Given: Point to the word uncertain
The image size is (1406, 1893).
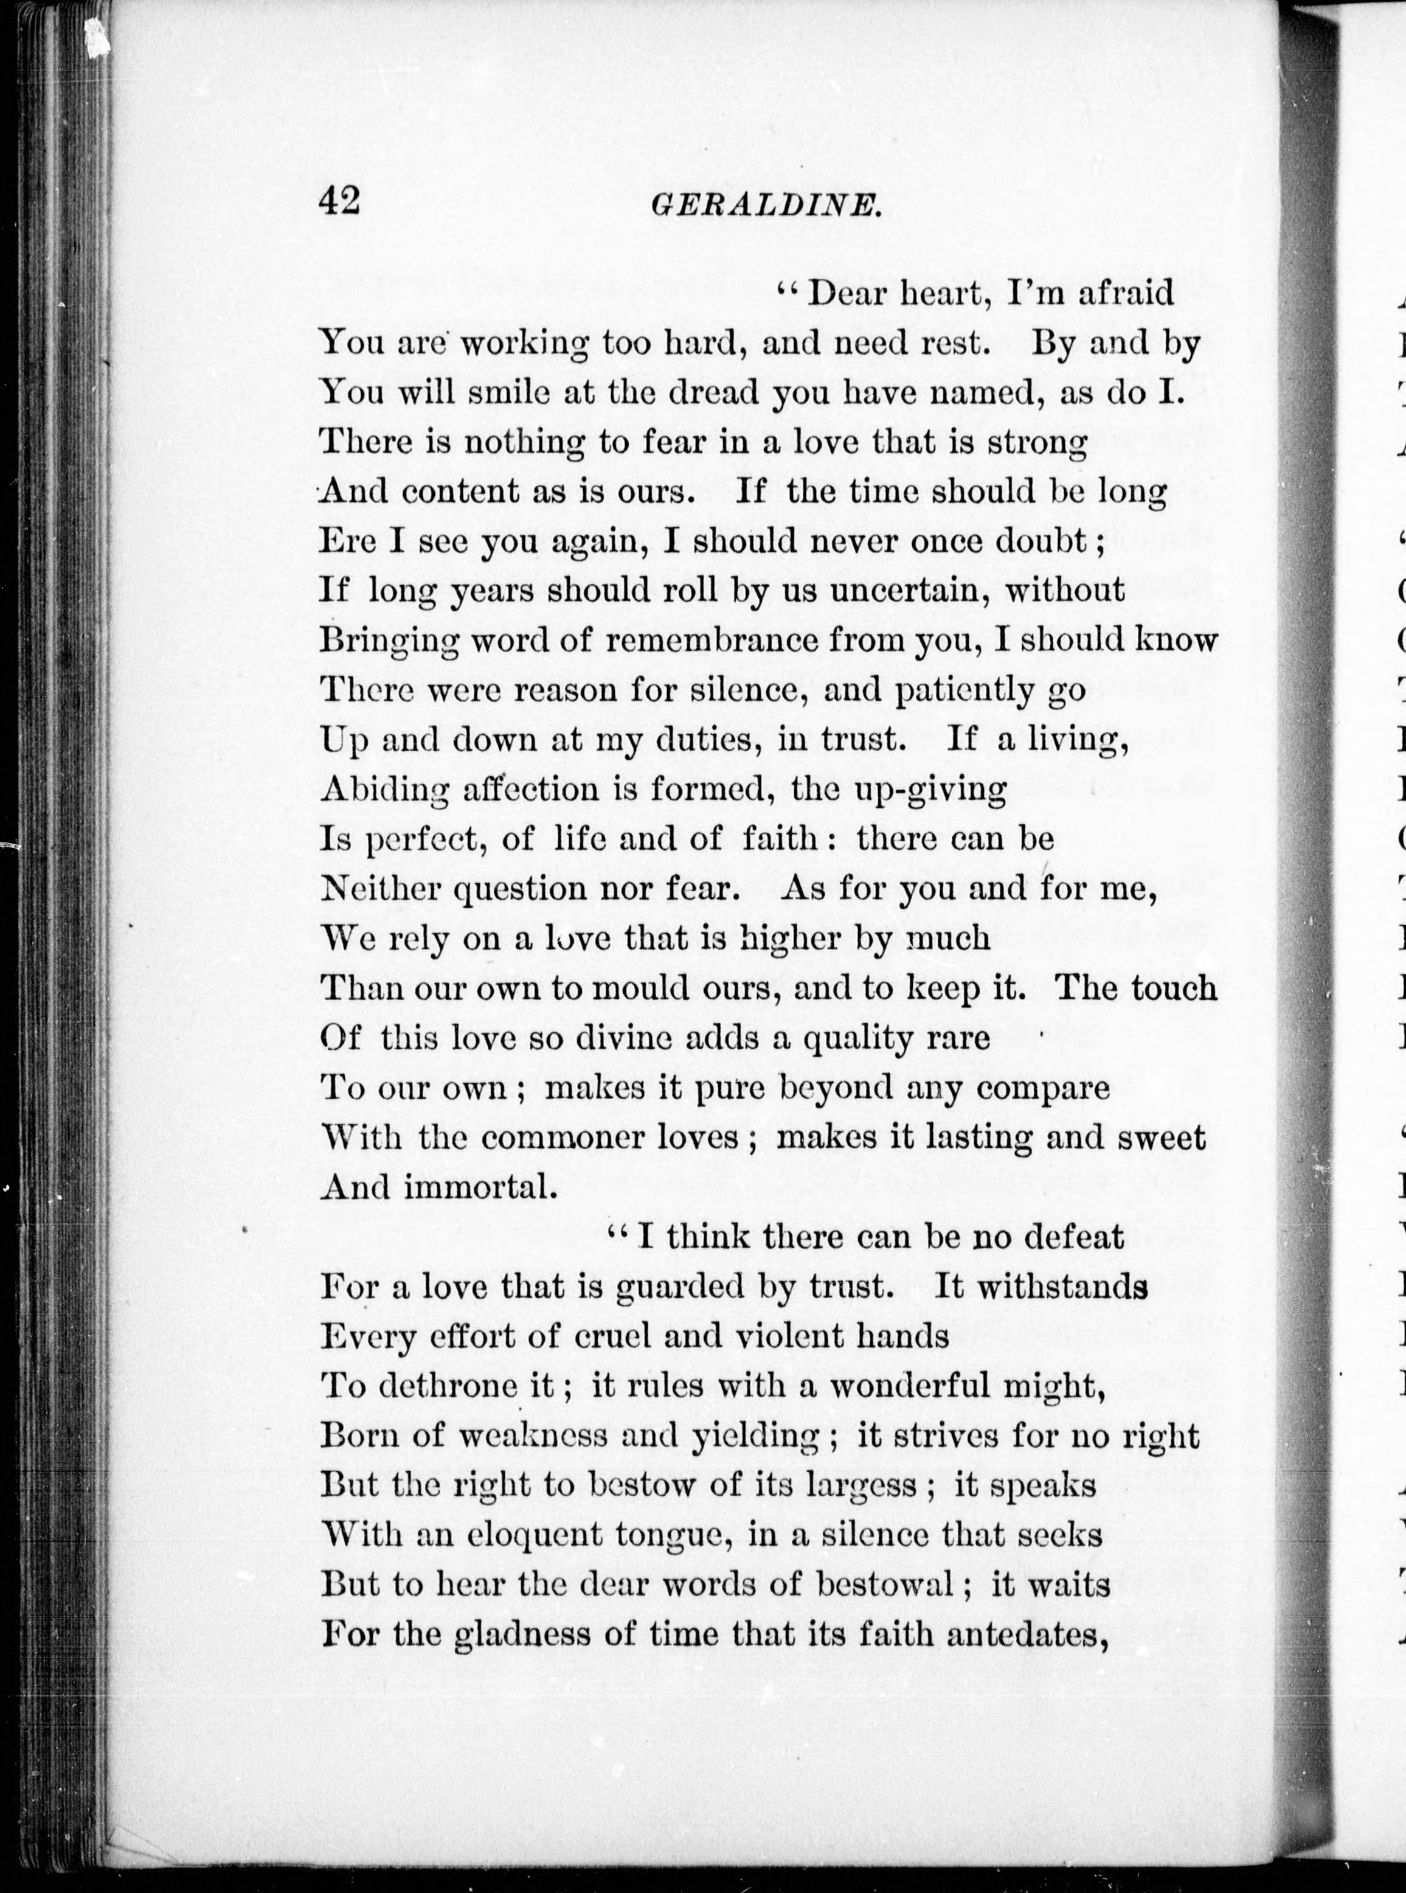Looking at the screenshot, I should pyautogui.click(x=908, y=590).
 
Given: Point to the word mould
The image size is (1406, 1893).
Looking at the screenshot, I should pyautogui.click(x=639, y=987).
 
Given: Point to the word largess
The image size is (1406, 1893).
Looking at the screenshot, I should pyautogui.click(x=862, y=1485).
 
